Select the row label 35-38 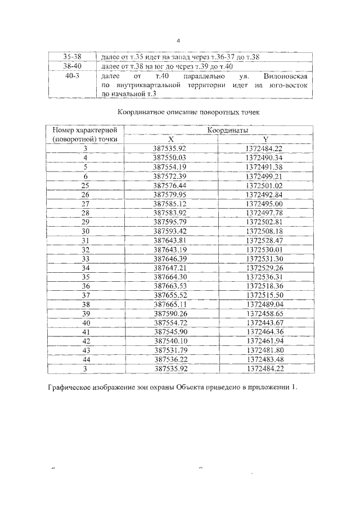(x=72, y=57)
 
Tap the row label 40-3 (x=72, y=76)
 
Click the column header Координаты (x=218, y=130)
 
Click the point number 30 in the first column (x=85, y=231)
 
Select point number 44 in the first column (x=85, y=359)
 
